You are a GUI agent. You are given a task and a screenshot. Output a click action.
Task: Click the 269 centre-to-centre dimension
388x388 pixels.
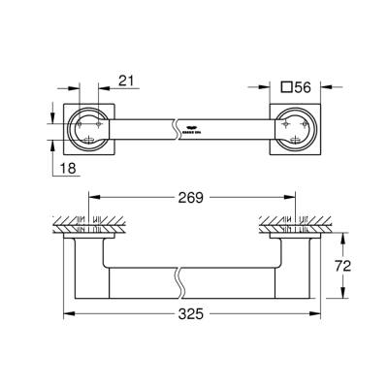coord(190,199)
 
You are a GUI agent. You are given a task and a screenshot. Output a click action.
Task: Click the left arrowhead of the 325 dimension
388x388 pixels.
coord(67,313)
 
